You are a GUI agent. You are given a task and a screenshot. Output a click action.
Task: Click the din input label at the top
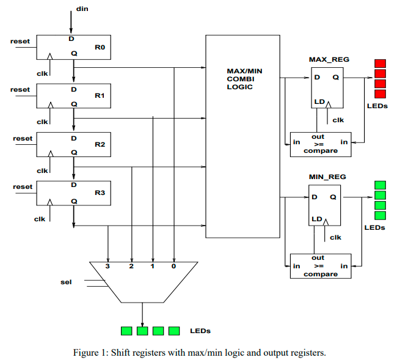(x=81, y=9)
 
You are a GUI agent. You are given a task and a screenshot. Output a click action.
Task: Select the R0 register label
(x=100, y=46)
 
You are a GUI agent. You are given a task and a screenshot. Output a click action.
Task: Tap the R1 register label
(x=100, y=96)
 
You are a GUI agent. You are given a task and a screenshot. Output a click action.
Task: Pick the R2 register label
(x=100, y=145)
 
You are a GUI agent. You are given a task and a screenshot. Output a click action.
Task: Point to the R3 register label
(x=100, y=193)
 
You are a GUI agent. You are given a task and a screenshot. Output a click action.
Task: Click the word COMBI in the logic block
(x=239, y=79)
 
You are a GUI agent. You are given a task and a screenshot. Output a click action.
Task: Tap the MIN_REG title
(x=328, y=177)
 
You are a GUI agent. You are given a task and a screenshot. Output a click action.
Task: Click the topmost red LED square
(x=380, y=63)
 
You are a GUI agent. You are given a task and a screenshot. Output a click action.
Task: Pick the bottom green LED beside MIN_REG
(x=380, y=215)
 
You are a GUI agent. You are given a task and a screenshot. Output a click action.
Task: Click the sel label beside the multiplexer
(x=66, y=282)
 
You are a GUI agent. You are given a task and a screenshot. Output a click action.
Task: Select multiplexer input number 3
(x=108, y=266)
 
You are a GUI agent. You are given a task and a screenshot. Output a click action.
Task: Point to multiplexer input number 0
(x=174, y=266)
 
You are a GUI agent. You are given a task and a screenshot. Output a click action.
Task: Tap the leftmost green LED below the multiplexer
(x=126, y=331)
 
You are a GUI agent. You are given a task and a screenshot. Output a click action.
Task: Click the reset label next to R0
(x=20, y=41)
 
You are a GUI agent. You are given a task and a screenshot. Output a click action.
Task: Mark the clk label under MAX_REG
(x=338, y=120)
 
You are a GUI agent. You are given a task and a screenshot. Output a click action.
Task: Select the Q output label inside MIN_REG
(x=333, y=197)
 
